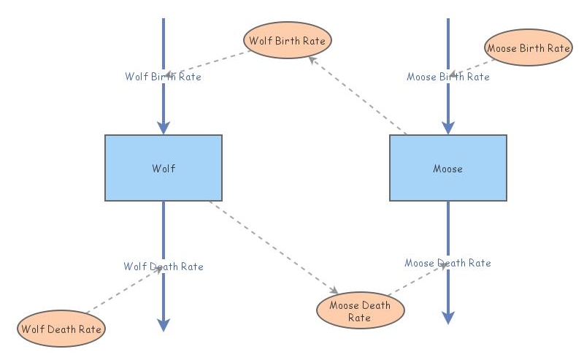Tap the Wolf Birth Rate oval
point(287,41)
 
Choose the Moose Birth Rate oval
point(528,48)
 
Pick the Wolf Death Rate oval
point(61,329)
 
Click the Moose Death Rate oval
point(360,310)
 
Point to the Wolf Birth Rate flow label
point(163,76)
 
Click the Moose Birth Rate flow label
point(447,76)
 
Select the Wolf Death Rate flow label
point(163,267)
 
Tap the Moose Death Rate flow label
point(447,263)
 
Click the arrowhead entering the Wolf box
point(164,128)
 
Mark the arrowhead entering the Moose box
point(447,128)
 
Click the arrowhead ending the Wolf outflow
point(164,324)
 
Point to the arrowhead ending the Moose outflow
point(447,317)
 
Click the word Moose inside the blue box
point(447,169)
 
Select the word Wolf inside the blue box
point(164,169)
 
